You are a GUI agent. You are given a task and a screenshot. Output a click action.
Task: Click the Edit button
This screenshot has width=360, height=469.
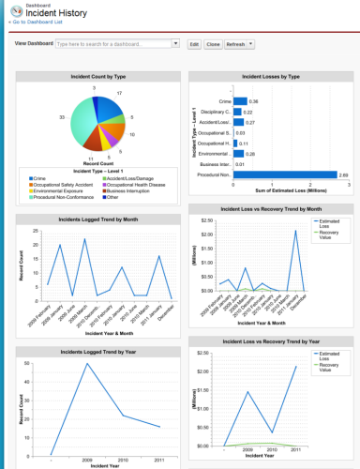[193, 44]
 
